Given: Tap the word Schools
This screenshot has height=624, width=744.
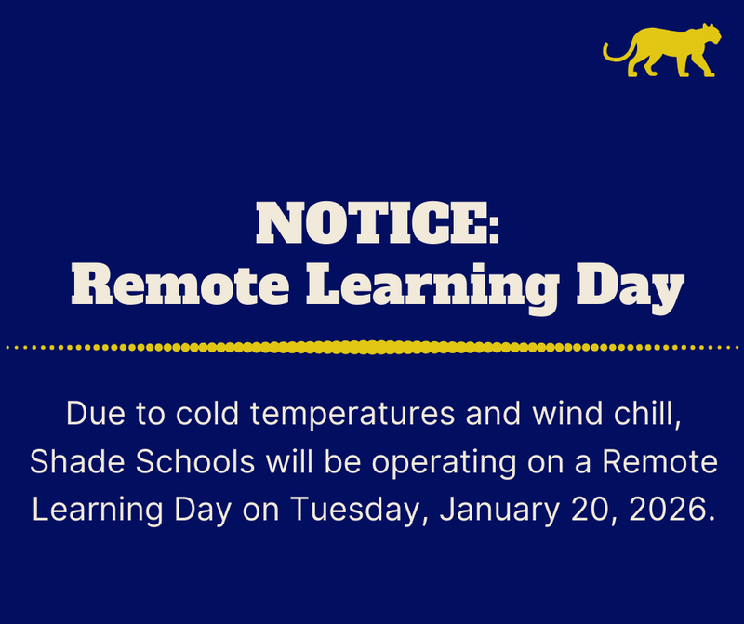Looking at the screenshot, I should [x=192, y=462].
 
